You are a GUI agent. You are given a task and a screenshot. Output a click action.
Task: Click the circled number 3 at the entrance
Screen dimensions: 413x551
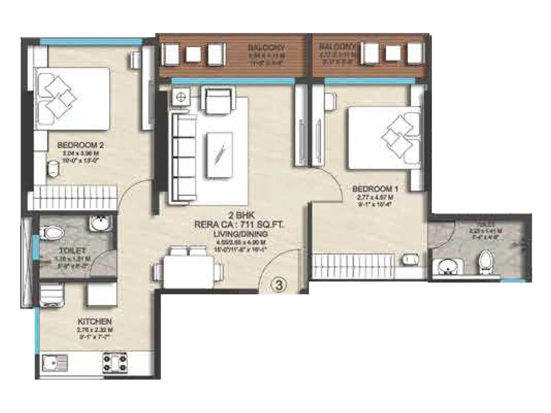point(280,285)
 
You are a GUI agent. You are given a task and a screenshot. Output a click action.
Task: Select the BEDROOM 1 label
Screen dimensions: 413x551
point(375,189)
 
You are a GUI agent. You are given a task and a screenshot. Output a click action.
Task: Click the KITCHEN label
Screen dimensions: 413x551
point(95,322)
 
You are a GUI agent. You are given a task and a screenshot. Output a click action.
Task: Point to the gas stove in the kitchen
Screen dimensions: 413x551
point(115,362)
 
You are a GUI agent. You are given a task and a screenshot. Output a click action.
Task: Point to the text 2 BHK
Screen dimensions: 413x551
point(244,216)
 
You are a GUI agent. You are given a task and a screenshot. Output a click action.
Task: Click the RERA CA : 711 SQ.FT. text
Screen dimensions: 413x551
point(239,225)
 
